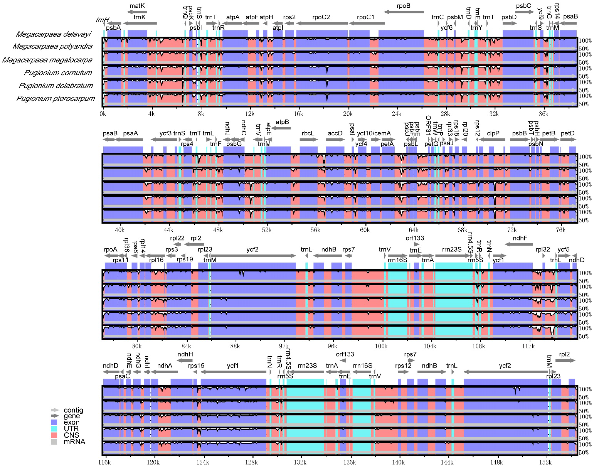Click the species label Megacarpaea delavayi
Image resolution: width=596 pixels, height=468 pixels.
click(53, 34)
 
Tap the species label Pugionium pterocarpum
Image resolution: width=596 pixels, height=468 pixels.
click(56, 99)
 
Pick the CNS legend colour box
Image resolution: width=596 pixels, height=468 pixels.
click(54, 435)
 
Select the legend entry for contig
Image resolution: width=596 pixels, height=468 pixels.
click(73, 410)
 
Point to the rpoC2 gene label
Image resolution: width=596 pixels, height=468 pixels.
click(321, 17)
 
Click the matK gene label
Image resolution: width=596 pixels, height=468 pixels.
click(137, 6)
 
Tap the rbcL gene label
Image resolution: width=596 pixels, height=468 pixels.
click(308, 133)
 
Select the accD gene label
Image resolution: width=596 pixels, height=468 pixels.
click(335, 133)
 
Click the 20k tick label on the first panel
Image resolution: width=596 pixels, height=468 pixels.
click(347, 114)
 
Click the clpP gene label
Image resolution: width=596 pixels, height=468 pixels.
click(493, 133)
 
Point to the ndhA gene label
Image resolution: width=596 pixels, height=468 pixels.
click(165, 366)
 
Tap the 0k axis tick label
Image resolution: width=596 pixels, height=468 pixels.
click(103, 114)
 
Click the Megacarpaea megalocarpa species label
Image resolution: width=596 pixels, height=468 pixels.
click(47, 60)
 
